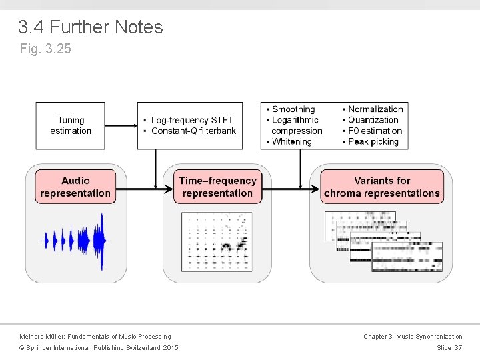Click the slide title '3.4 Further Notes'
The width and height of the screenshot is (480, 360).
pos(91,27)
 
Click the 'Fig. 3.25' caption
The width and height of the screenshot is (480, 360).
pos(46,49)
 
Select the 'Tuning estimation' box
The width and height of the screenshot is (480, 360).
pos(71,125)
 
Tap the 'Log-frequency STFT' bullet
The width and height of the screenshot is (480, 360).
pos(192,120)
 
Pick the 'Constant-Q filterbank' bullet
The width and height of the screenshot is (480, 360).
pos(193,131)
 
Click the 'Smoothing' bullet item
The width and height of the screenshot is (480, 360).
pos(293,109)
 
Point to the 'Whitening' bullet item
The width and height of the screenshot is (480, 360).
pos(291,141)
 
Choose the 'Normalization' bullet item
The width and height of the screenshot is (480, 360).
pos(375,109)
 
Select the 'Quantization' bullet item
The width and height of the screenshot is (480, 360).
pos(373,120)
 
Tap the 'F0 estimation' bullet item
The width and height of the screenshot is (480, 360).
pos(375,131)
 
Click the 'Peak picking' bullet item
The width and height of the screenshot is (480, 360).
pos(373,141)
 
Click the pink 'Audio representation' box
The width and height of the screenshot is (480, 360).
pos(75,187)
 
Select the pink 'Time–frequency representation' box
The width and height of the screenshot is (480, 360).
pos(217,187)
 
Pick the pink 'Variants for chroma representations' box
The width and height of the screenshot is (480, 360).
pos(382,187)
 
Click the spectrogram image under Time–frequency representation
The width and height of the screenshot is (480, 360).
pos(217,241)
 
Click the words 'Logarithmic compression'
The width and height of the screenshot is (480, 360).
pos(297,125)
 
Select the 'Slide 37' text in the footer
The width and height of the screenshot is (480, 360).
pos(449,348)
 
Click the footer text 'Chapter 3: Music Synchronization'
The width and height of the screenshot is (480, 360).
pos(412,337)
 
